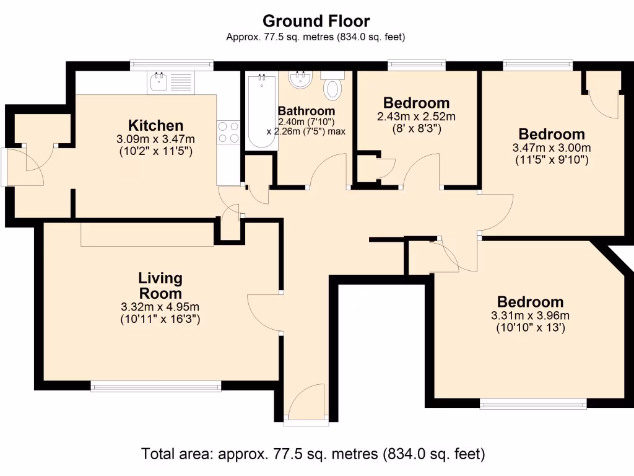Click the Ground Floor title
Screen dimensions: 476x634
[316, 21]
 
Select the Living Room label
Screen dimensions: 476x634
[160, 286]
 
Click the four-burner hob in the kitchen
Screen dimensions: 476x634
[228, 131]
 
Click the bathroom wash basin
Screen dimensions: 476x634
[301, 79]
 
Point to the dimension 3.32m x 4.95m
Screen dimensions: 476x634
[160, 307]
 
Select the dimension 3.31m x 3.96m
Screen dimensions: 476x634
[531, 315]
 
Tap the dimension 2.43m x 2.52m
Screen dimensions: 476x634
[416, 117]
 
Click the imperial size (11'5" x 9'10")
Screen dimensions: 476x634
[552, 160]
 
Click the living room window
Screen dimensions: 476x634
[156, 387]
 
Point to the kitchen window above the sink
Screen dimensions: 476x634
[172, 64]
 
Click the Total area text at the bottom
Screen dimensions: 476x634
[313, 454]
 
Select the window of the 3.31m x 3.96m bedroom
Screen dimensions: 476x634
[533, 404]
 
